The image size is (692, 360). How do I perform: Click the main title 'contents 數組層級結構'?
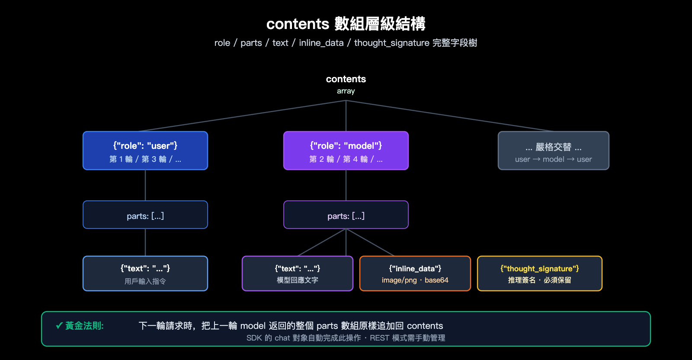tap(346, 24)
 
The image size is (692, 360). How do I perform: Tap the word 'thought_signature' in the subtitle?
tap(391, 43)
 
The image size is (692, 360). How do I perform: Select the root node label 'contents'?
tap(346, 79)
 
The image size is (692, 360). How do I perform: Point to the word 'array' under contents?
tap(346, 91)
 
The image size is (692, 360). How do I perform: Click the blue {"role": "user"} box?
tap(145, 150)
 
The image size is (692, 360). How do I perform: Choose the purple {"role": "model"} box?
tap(346, 150)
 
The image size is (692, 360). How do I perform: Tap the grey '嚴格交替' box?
tap(553, 150)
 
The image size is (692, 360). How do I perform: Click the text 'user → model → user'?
tap(553, 159)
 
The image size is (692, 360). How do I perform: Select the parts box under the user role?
tap(145, 215)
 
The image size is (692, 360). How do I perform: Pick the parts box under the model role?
tap(346, 215)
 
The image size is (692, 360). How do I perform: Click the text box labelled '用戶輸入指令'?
tap(145, 273)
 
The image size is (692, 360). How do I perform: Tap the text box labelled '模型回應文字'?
tap(298, 273)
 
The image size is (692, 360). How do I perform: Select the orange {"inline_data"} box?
tap(415, 273)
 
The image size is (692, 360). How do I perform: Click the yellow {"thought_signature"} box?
tap(539, 273)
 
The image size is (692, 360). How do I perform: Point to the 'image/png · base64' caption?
tap(415, 280)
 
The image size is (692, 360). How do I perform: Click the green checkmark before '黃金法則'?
tap(59, 326)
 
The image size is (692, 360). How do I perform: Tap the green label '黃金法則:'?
tap(84, 326)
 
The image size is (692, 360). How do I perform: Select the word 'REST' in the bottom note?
tap(379, 338)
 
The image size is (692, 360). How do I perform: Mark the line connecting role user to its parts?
tap(145, 185)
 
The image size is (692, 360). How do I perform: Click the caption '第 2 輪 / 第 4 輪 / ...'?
tap(346, 159)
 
